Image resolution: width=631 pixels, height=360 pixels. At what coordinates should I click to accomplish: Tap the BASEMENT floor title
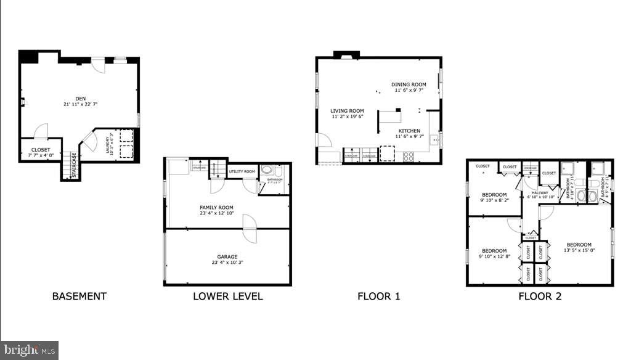(x=79, y=296)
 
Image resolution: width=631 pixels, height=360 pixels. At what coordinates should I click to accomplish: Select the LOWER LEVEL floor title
(x=228, y=296)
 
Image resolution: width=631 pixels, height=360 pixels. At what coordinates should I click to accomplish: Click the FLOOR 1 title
(x=379, y=296)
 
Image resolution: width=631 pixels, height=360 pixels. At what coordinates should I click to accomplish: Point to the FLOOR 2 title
(x=540, y=296)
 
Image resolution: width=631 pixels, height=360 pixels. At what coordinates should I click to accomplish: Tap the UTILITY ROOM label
(x=242, y=171)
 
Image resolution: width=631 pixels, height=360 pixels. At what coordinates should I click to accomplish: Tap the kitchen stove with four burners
(x=409, y=157)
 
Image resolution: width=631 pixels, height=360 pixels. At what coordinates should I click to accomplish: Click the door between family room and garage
(x=249, y=228)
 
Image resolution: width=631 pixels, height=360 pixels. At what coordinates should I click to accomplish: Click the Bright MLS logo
(x=30, y=350)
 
